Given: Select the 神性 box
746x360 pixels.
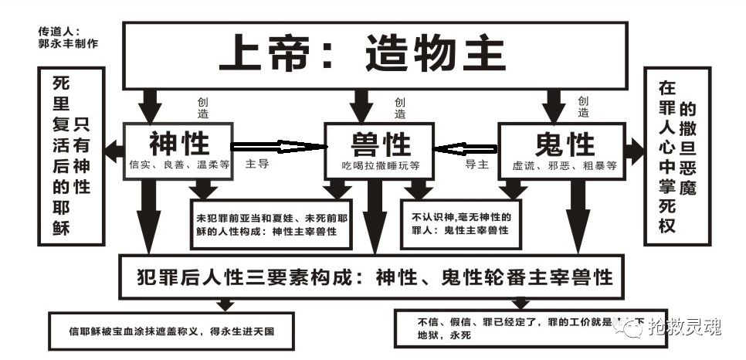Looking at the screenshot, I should [x=178, y=151].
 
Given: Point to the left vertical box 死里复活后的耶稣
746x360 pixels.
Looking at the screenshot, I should [x=70, y=155].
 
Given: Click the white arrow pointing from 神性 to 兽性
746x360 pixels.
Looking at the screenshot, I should [x=279, y=146].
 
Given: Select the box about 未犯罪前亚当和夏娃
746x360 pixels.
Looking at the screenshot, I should [x=270, y=224].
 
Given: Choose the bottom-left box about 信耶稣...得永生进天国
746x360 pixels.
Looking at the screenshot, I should [x=171, y=330].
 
